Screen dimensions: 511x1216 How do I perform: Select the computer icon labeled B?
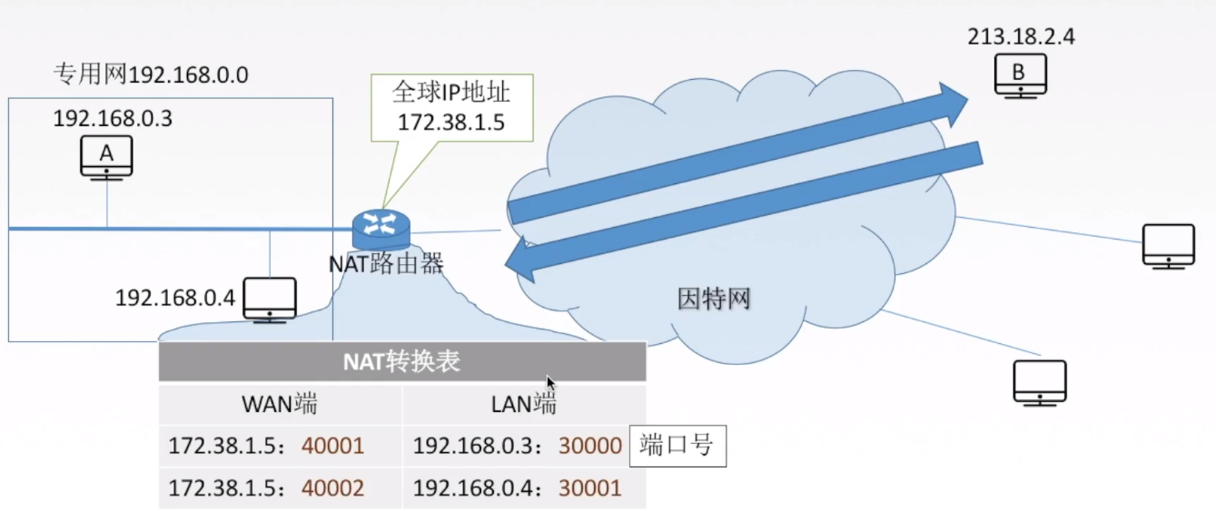(1020, 74)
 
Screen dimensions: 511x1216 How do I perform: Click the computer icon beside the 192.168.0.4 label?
(270, 299)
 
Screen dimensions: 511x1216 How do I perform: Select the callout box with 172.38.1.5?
(450, 107)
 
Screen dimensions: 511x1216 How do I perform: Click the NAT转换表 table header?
(401, 362)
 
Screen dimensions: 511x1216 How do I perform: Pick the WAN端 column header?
(280, 405)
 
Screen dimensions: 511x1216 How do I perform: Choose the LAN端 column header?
(523, 405)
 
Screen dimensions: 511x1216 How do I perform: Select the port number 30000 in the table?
(590, 446)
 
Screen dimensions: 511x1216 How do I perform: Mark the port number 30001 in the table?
(590, 488)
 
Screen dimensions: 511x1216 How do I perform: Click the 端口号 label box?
(677, 446)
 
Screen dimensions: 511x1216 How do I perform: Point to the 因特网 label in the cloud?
(714, 299)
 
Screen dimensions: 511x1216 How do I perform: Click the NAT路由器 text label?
(386, 264)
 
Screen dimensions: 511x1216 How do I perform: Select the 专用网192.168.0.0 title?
(151, 74)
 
